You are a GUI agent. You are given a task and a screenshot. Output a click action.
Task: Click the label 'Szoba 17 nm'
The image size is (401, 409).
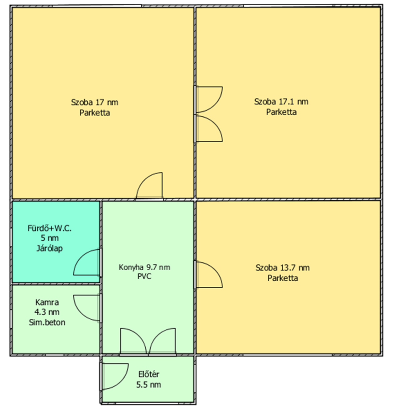[94, 102]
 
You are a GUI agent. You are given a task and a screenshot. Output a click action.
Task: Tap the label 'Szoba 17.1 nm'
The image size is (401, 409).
[281, 102]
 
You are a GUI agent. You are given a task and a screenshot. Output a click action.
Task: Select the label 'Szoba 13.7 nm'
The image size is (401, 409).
[283, 268]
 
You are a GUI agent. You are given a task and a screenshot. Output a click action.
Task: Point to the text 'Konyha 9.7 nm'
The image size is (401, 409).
[144, 267]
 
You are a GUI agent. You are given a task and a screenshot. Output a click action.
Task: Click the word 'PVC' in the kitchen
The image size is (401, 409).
[144, 276]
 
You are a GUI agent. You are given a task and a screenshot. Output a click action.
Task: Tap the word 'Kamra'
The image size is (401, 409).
[47, 302]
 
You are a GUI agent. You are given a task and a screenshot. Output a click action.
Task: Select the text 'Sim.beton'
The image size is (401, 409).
[47, 322]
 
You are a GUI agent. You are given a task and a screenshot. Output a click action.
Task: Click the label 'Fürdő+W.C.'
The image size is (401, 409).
[49, 228]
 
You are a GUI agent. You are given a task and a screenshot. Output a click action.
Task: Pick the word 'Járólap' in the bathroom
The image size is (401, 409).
[49, 248]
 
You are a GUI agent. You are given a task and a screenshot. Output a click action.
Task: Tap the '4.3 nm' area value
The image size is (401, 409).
[47, 312]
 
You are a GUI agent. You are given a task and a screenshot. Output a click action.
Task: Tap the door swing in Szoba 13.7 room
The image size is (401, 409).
[215, 269]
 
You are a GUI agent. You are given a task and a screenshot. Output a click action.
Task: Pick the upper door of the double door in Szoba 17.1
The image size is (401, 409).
[215, 105]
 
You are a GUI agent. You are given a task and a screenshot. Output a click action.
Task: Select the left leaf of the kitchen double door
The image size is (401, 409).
[139, 336]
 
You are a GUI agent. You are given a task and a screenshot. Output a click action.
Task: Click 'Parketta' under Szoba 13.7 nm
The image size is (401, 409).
[283, 278]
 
